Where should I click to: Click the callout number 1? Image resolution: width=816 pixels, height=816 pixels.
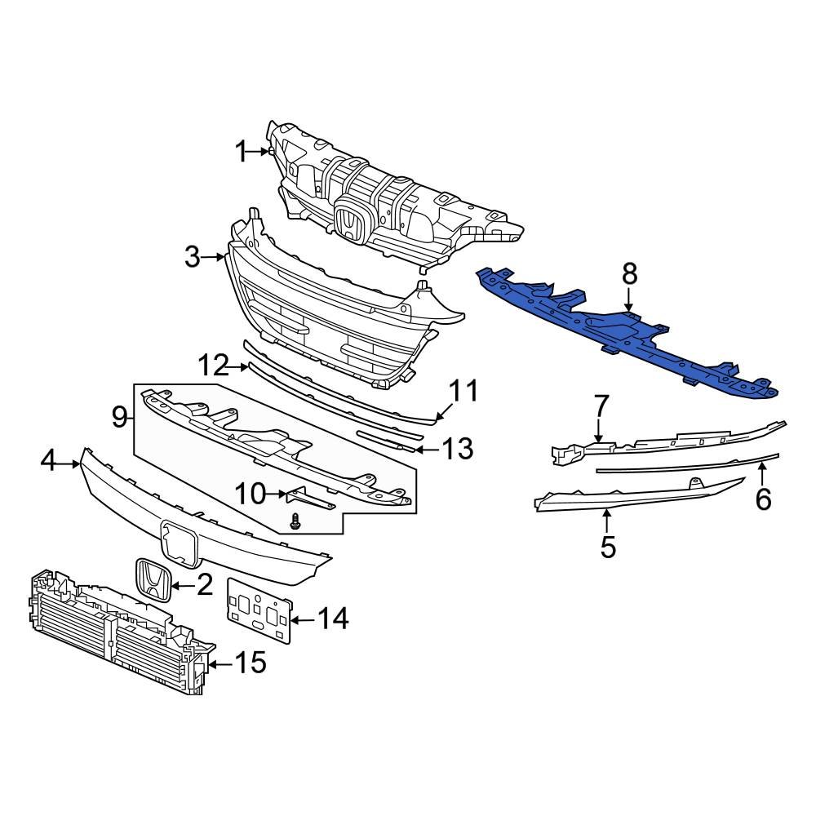[241, 151]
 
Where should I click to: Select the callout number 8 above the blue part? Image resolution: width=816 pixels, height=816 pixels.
[629, 275]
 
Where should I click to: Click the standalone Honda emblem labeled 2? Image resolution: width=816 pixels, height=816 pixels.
[153, 581]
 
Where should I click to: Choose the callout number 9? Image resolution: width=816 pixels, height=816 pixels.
[120, 418]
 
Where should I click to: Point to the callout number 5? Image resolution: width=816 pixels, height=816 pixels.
[608, 547]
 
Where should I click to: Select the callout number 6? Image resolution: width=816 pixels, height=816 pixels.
[763, 498]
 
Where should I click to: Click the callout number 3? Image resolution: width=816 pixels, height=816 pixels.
[192, 258]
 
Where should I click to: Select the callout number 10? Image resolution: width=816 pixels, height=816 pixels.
[251, 493]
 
